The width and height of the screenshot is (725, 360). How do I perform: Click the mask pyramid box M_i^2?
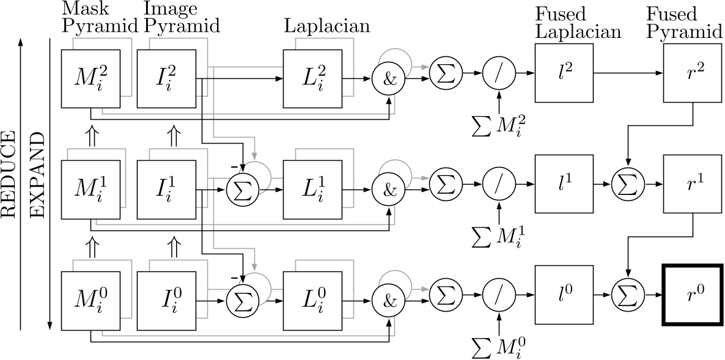pyautogui.click(x=90, y=79)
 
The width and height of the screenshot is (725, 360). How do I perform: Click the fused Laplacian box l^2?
pyautogui.click(x=565, y=73)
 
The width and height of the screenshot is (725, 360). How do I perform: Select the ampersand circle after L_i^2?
pyautogui.click(x=386, y=79)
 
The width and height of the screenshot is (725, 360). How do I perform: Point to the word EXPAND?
pyautogui.click(x=39, y=183)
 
